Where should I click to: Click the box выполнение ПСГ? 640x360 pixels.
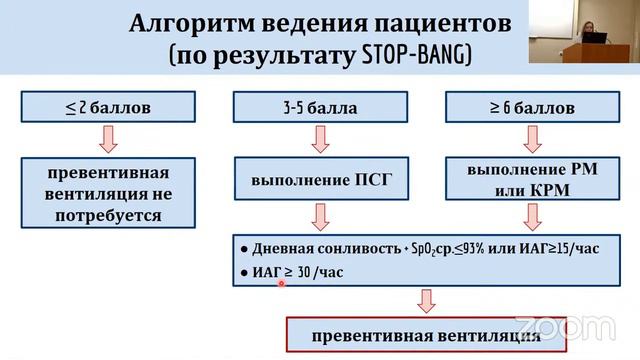tap(320, 180)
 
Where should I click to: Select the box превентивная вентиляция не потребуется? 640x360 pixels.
tap(108, 192)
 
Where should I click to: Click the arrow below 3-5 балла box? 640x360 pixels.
tap(320, 139)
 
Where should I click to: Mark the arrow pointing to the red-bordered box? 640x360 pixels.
tap(426, 301)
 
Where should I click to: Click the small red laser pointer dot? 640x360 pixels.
tap(282, 283)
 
